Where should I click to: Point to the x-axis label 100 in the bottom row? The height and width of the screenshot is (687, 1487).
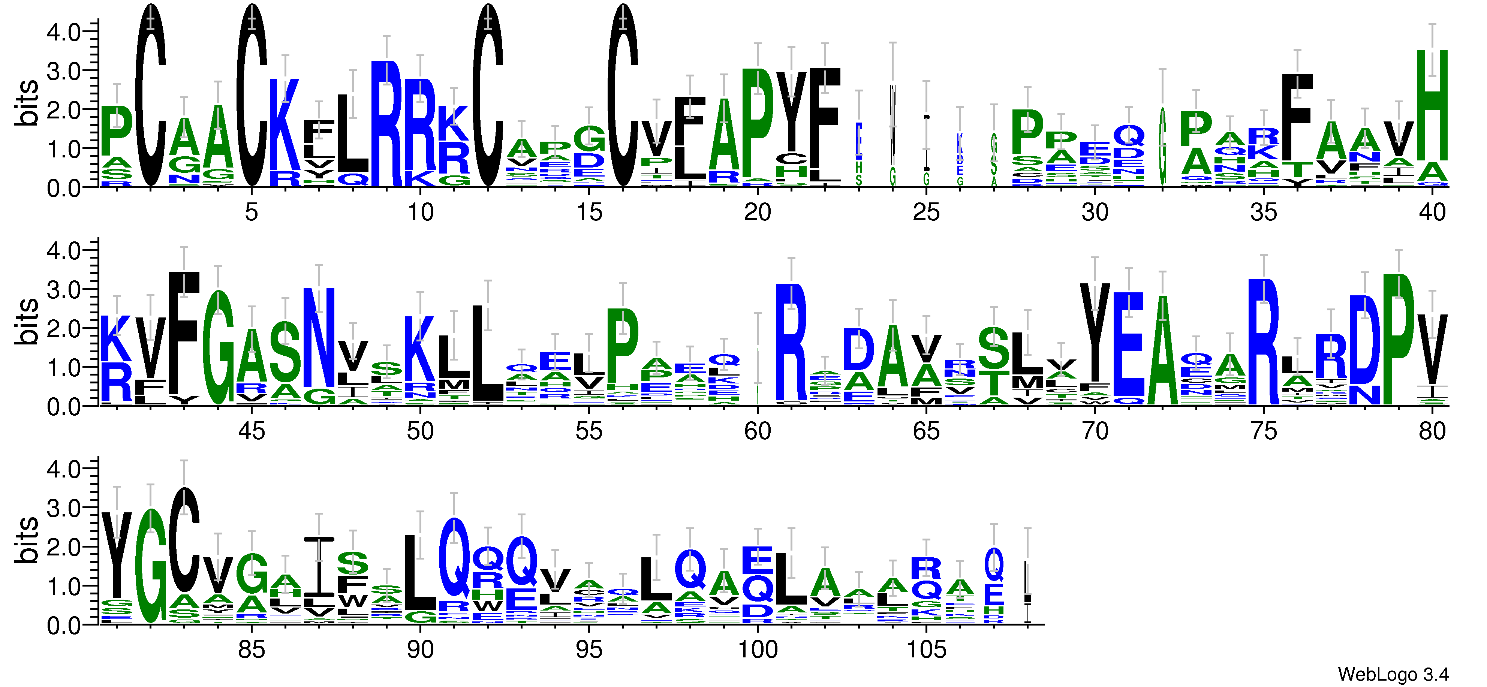tap(757, 650)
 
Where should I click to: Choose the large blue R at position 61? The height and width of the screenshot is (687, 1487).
tap(791, 343)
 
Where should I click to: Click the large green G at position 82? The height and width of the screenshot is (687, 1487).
tap(151, 566)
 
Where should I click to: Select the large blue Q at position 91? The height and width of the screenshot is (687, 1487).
tap(454, 558)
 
